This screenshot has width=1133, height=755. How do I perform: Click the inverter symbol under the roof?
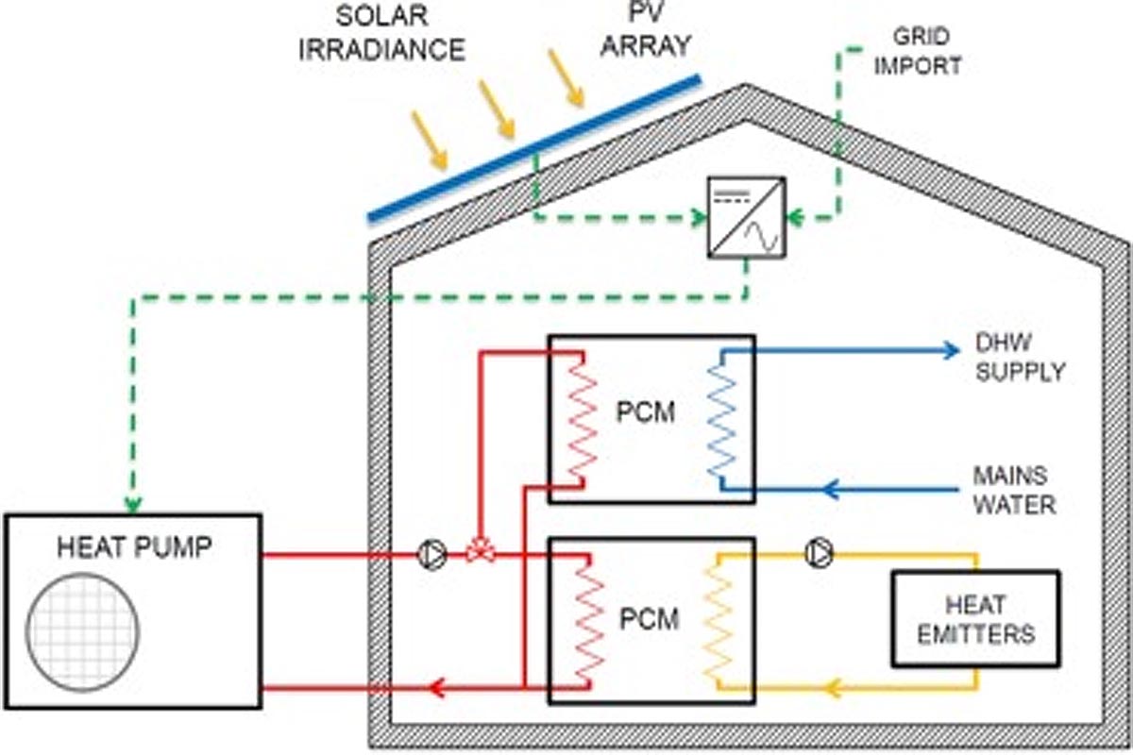(747, 219)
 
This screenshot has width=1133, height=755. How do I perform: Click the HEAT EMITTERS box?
(975, 618)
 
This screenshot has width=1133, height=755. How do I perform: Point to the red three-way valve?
(481, 554)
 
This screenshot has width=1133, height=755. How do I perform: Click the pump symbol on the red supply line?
(430, 554)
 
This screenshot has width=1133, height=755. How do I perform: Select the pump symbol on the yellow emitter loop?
(819, 554)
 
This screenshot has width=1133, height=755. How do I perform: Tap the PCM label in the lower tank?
(650, 620)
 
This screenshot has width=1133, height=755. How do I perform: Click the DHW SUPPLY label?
(1019, 360)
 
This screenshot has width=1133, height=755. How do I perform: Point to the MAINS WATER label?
(1013, 490)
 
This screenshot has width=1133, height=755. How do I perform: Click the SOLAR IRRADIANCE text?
(381, 34)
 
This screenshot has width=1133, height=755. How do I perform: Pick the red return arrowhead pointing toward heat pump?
(435, 688)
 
